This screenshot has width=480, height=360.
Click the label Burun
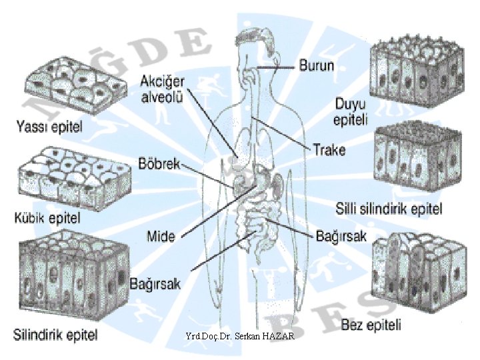(317, 67)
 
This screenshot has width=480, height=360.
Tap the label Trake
(329, 149)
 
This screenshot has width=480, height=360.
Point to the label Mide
(161, 235)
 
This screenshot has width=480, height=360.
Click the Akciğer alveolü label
(163, 89)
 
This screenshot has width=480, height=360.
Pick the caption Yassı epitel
(49, 126)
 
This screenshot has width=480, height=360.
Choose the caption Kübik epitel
(47, 217)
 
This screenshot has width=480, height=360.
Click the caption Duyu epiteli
(351, 111)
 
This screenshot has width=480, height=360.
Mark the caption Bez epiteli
(371, 325)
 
